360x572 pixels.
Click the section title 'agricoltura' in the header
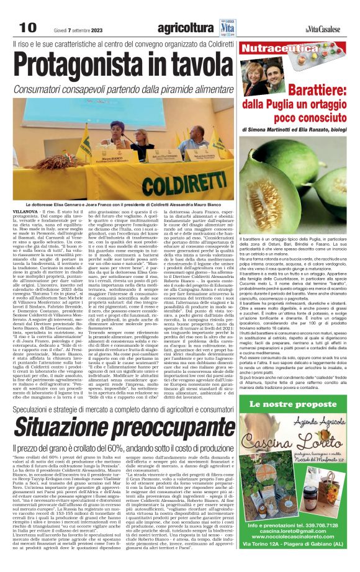185,28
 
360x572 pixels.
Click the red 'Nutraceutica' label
271,48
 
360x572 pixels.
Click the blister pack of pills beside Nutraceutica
338,48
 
